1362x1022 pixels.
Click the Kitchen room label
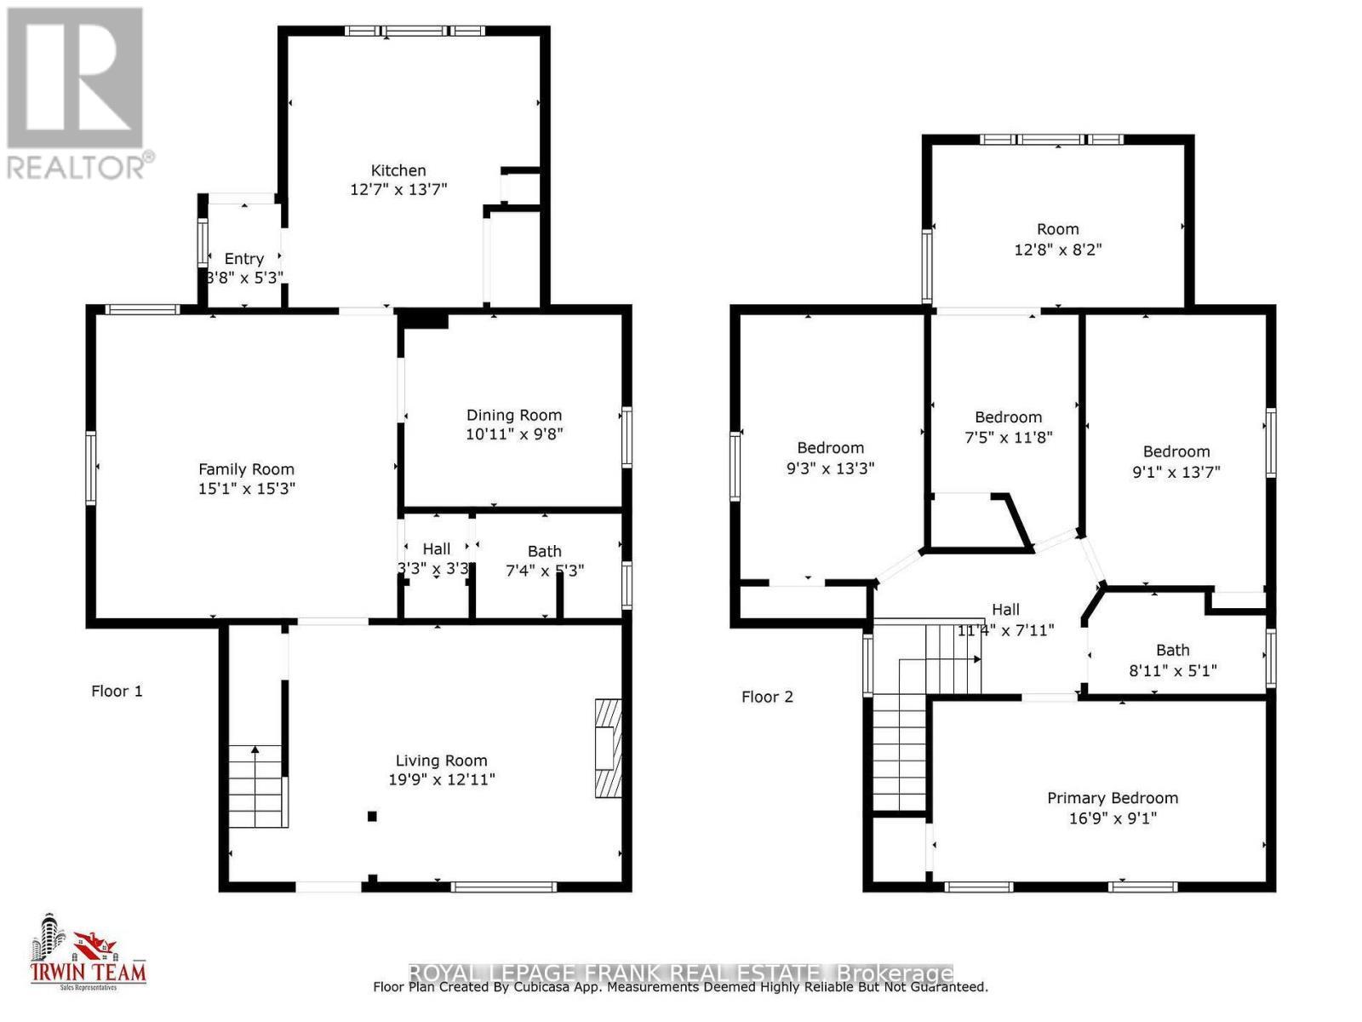[398, 170]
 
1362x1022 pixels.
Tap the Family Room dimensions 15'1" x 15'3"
[246, 489]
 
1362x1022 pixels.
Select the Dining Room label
[513, 415]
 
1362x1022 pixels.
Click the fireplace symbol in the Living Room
[608, 748]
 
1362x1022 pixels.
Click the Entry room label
[243, 259]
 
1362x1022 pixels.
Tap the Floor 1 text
[117, 691]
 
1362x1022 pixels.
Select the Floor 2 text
[767, 697]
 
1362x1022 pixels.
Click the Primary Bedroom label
[1112, 798]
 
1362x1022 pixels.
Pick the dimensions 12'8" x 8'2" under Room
[1058, 250]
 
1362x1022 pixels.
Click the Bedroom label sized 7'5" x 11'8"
[1008, 416]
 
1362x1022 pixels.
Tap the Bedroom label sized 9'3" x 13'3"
[830, 447]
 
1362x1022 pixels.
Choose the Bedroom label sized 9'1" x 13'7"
[1176, 451]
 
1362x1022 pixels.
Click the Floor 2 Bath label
[1172, 650]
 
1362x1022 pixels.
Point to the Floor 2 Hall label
[1005, 609]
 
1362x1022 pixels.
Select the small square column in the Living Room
[372, 816]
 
